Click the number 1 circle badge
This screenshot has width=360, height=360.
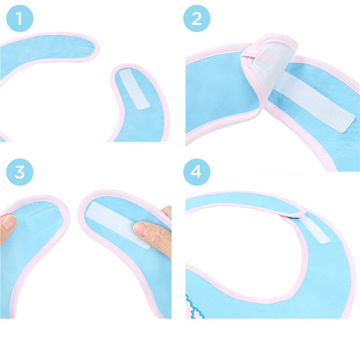(19, 19)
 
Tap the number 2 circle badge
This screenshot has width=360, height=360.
(197, 19)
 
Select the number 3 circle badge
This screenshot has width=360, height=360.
(19, 172)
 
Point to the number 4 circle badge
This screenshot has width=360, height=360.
(197, 172)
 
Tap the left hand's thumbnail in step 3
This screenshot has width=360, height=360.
(8, 221)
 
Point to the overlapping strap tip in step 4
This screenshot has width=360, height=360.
(299, 211)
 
